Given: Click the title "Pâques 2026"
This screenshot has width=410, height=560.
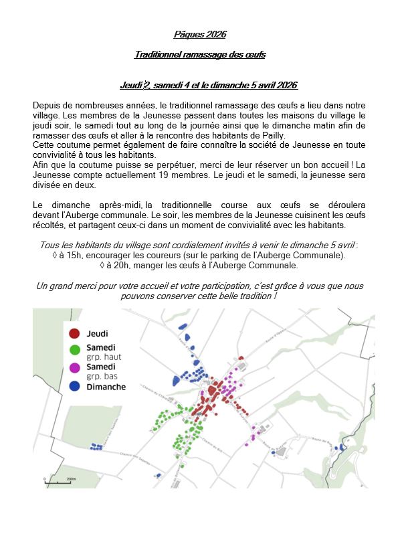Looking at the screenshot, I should pyautogui.click(x=205, y=34).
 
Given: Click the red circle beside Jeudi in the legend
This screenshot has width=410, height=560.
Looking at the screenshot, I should pyautogui.click(x=75, y=333).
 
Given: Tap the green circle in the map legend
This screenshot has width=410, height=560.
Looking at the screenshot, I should pyautogui.click(x=75, y=349).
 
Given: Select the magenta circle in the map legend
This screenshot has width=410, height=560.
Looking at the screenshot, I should pyautogui.click(x=75, y=367).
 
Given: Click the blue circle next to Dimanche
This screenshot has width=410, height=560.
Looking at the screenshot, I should pyautogui.click(x=75, y=386).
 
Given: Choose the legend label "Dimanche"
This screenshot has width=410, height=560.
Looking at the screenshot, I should pyautogui.click(x=106, y=387).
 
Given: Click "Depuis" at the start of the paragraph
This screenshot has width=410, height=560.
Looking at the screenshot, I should pyautogui.click(x=46, y=106).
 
